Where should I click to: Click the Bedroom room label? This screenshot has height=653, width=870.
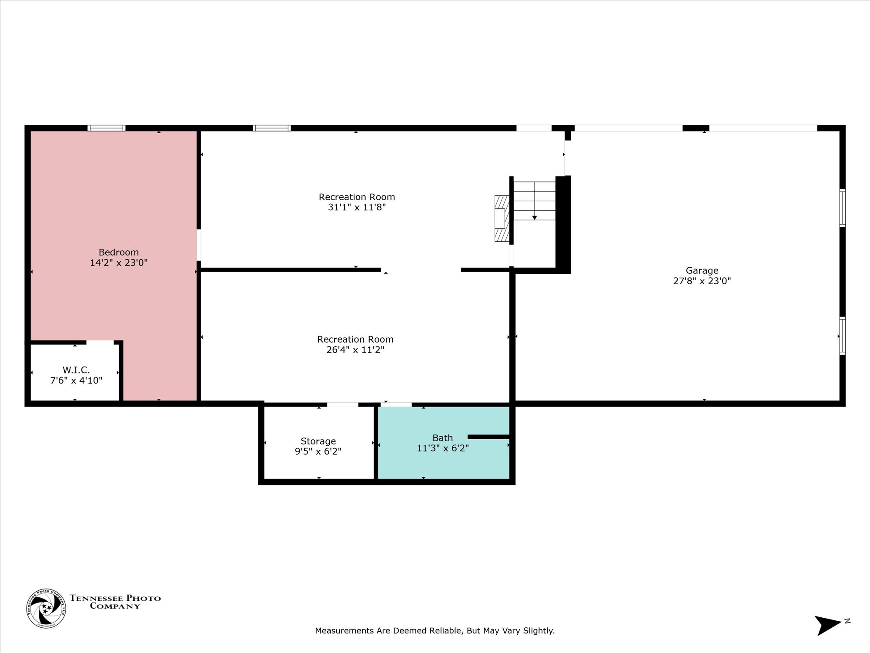click(x=119, y=252)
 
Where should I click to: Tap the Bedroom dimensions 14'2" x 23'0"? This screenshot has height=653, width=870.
click(x=119, y=263)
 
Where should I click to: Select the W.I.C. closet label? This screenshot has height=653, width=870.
click(x=76, y=370)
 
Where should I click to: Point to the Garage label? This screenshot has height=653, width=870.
click(x=702, y=271)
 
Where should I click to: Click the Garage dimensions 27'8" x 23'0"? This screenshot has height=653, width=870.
click(x=702, y=281)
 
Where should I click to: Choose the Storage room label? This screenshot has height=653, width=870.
click(x=318, y=441)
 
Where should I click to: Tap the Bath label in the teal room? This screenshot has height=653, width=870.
click(x=442, y=438)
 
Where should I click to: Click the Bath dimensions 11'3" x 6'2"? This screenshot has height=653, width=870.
click(x=443, y=448)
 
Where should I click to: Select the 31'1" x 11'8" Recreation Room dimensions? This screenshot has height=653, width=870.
click(x=357, y=207)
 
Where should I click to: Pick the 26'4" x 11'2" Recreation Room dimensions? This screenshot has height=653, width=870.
click(x=355, y=350)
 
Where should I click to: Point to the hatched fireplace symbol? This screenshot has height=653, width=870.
click(x=502, y=219)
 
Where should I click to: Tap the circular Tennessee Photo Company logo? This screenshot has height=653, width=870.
click(x=47, y=608)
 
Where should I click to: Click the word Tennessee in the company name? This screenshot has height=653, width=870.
click(x=96, y=599)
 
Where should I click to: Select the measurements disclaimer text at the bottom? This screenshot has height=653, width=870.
click(x=435, y=631)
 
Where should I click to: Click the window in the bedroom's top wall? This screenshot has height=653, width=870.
click(x=107, y=128)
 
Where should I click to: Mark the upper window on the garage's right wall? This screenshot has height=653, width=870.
click(x=843, y=208)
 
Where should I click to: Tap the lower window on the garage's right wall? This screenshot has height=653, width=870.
click(x=843, y=336)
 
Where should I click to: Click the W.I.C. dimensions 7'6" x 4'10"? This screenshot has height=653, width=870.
click(x=76, y=380)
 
